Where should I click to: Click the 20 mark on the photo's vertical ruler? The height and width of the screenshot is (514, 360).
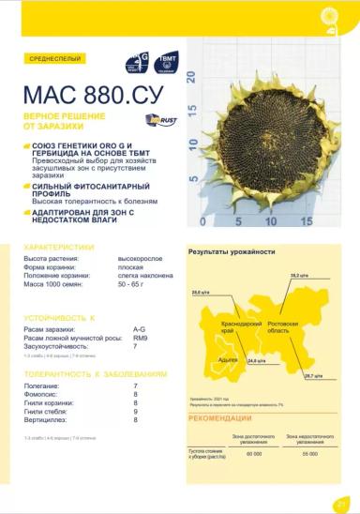[x=193, y=78]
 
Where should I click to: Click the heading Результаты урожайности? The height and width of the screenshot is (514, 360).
[x=232, y=252]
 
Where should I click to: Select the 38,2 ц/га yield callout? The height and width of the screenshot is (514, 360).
[x=298, y=275]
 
